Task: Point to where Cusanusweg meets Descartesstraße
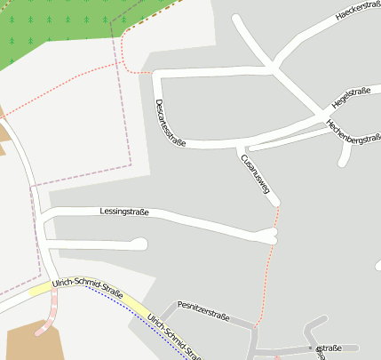[242, 145]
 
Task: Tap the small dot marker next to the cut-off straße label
[310, 348]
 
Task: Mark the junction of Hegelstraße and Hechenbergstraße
[321, 115]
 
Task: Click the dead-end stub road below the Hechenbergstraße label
[345, 156]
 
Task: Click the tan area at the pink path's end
[31, 341]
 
